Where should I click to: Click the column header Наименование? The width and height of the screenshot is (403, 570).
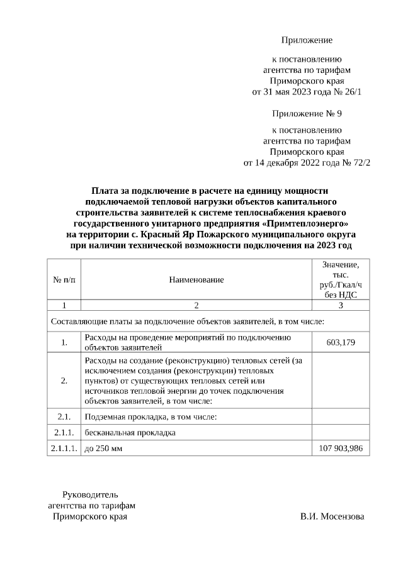[x=196, y=279]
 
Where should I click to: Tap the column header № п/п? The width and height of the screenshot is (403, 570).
[x=64, y=279]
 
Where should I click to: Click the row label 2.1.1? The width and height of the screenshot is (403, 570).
[x=64, y=432]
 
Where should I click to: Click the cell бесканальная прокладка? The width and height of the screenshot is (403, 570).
[x=130, y=432]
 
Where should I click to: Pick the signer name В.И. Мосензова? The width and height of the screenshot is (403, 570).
[x=332, y=517]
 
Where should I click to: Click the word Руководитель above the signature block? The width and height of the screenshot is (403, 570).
[x=89, y=494]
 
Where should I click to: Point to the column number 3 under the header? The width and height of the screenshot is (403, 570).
[x=341, y=305]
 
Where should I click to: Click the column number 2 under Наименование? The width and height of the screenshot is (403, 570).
[x=196, y=305]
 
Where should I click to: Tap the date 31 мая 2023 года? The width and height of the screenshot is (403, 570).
[x=294, y=91]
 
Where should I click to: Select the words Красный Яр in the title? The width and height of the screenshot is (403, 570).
[x=164, y=234]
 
